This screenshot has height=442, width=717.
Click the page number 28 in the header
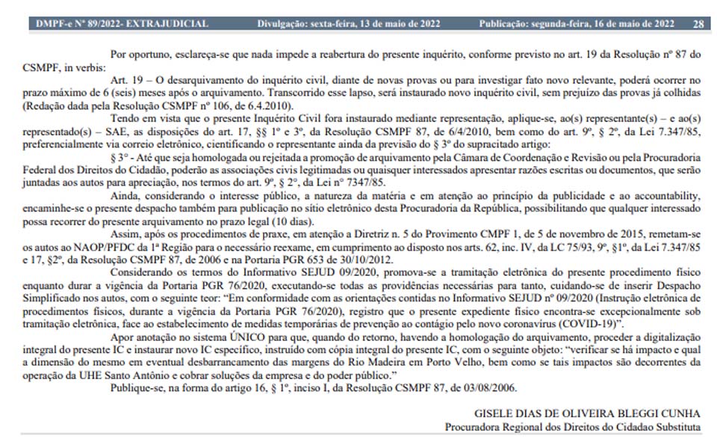[698, 24]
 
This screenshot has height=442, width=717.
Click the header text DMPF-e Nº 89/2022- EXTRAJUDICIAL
[122, 24]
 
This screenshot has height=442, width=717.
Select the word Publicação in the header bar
[508, 24]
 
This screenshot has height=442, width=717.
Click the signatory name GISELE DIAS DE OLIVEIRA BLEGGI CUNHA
[588, 414]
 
